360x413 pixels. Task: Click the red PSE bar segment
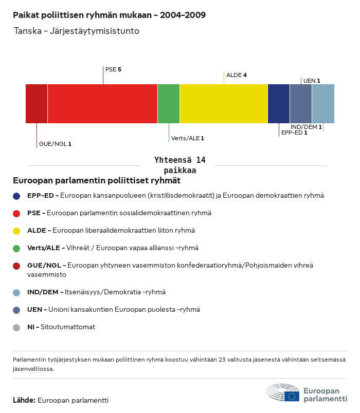(102, 104)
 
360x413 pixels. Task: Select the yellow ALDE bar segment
(223, 104)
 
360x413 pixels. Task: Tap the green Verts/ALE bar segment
(169, 104)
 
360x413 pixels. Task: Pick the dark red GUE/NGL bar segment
(37, 104)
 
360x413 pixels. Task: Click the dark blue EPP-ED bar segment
(279, 104)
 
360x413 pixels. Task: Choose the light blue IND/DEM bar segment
(323, 104)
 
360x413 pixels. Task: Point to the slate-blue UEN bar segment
(301, 104)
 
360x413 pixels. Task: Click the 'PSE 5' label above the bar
(113, 69)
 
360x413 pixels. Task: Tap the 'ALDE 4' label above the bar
(237, 75)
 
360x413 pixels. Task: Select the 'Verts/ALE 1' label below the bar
(188, 138)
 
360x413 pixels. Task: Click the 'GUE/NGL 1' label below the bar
(55, 144)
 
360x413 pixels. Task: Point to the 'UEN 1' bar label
(312, 81)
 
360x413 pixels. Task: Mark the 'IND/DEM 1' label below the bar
(306, 127)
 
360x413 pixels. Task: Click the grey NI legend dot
(16, 327)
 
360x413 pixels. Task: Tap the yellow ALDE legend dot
(16, 231)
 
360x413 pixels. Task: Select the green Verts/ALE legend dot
(16, 248)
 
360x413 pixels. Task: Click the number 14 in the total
(200, 160)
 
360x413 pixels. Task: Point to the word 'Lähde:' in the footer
(24, 400)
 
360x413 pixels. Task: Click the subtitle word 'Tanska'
(27, 31)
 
